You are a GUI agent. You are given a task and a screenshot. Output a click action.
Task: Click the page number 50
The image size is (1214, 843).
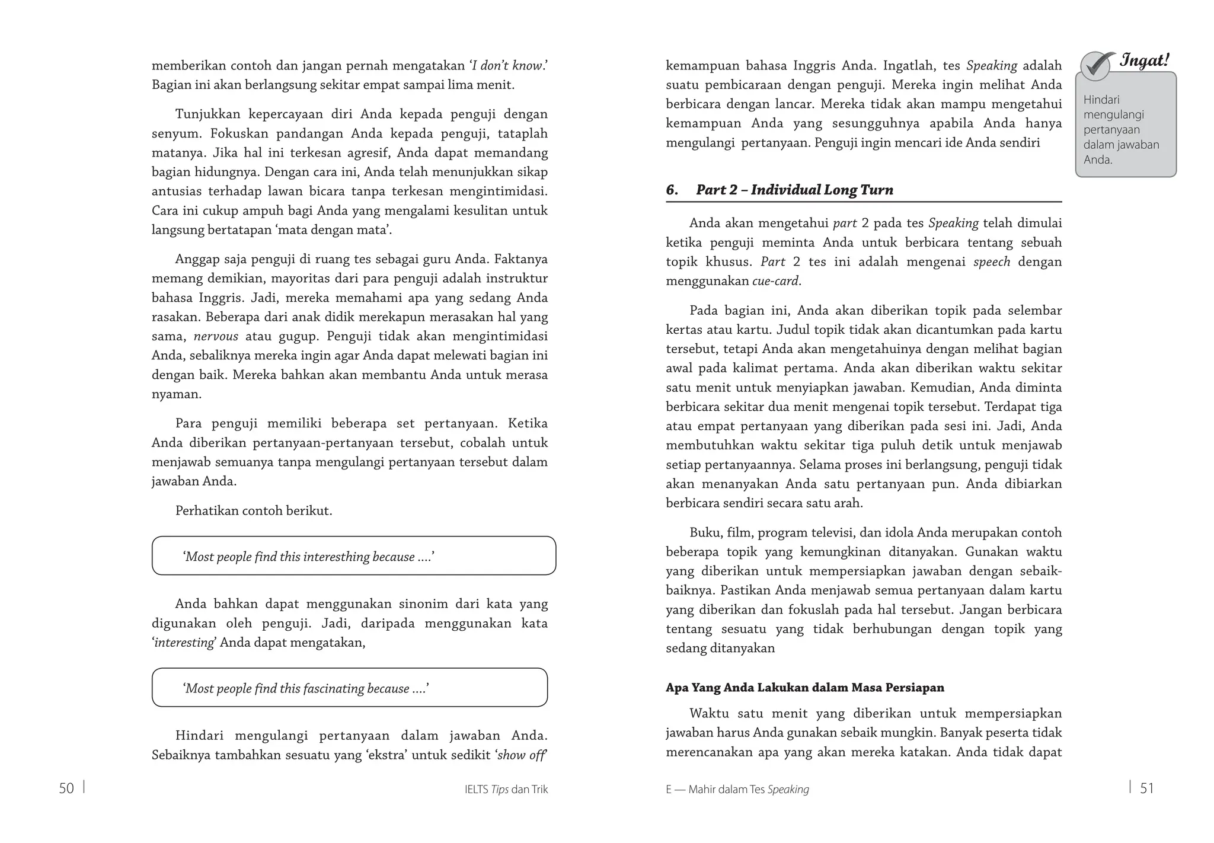(66, 788)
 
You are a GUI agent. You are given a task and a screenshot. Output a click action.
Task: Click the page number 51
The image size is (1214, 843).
(1147, 788)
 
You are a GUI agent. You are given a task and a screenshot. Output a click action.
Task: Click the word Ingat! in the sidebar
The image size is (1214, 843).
(1144, 60)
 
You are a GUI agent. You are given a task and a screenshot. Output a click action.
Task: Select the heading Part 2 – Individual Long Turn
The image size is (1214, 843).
(794, 190)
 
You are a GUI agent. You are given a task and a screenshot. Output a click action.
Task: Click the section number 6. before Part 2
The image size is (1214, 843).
(672, 190)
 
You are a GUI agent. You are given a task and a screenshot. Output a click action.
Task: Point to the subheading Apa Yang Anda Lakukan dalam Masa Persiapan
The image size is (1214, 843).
(804, 688)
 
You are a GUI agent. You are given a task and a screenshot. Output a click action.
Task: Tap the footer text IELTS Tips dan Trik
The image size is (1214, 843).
(506, 789)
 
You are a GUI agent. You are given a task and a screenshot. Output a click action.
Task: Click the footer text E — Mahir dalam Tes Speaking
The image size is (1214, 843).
(737, 789)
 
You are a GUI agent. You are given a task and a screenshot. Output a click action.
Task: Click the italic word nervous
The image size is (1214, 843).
(216, 336)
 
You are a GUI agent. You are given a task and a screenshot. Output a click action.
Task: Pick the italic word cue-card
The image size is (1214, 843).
(775, 281)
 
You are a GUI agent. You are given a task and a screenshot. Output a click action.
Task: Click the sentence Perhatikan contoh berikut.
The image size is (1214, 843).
(253, 510)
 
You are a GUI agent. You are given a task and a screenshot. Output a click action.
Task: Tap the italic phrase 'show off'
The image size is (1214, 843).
(521, 755)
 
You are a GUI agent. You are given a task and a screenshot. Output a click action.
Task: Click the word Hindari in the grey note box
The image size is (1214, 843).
(1101, 100)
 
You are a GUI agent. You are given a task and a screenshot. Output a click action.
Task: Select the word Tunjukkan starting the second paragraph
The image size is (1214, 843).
(206, 114)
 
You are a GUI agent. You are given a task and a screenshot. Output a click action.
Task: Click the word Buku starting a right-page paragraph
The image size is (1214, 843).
(705, 532)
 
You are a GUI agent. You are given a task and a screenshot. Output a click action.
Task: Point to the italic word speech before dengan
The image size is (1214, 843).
(991, 261)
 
